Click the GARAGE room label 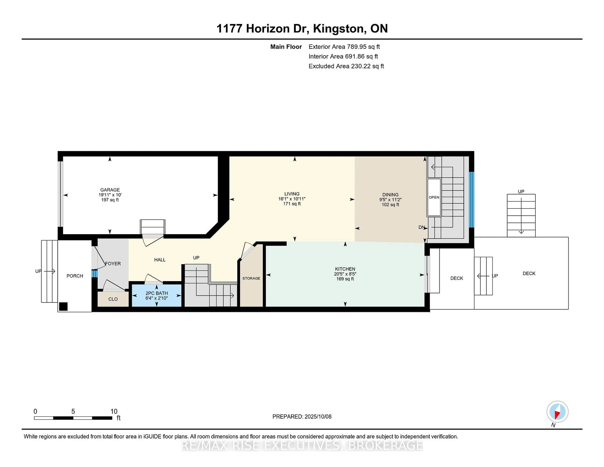pos(110,190)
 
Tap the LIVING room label pos(292,194)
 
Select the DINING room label pos(390,194)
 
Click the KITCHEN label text pos(345,269)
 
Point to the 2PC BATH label pos(157,293)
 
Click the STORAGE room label pos(251,278)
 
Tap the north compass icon pos(557,412)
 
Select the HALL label pos(160,259)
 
